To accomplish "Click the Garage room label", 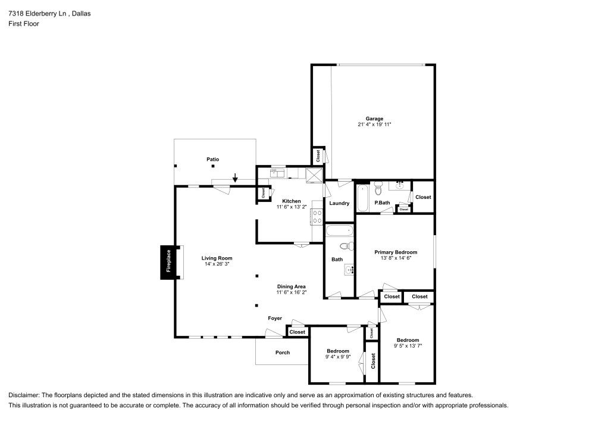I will tap(374, 118).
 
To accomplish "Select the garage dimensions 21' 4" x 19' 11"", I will tap(374, 124).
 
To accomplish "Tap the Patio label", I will tap(212, 160).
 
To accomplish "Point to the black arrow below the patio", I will tap(235, 177).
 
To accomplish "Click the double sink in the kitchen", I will tap(278, 173).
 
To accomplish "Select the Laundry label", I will tap(339, 204).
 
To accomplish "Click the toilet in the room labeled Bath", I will tap(346, 246).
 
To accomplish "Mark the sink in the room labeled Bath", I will tap(350, 270).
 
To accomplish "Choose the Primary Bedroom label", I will tap(395, 252).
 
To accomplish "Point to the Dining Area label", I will tap(291, 286).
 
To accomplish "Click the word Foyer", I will tap(274, 319).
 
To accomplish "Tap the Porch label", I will tap(283, 353).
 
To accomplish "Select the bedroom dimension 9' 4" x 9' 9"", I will tap(337, 357).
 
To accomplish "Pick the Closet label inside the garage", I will tap(318, 155).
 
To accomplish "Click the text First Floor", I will tap(23, 24).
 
